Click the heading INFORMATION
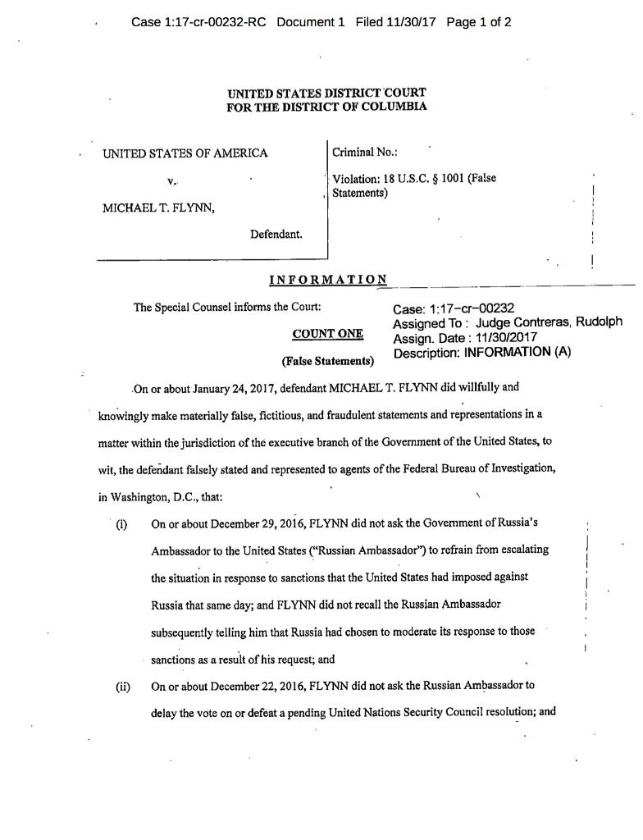click(x=328, y=281)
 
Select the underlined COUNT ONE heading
click(x=327, y=335)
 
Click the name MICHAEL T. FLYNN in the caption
click(x=158, y=208)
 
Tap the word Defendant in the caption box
click(x=276, y=235)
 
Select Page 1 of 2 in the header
click(x=479, y=22)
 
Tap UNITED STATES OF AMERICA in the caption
click(x=185, y=153)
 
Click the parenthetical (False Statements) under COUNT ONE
click(x=327, y=361)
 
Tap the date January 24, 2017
click(x=230, y=387)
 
